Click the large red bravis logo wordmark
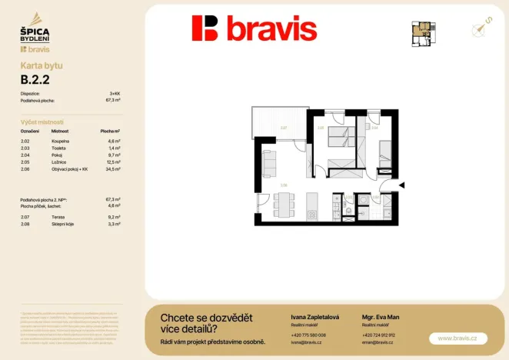tap(254, 28)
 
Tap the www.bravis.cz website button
tap(457, 338)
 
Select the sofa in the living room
tap(268, 162)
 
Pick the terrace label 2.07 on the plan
tap(283, 128)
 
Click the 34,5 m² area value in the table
tap(113, 168)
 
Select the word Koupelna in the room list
tap(61, 142)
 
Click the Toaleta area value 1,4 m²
tap(114, 148)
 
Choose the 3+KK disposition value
tap(115, 93)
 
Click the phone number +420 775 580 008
tap(308, 335)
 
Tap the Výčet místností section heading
tap(42, 122)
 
